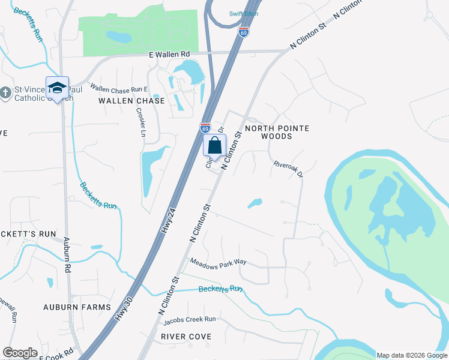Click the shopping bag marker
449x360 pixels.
(214, 145)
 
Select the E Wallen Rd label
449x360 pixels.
(169, 55)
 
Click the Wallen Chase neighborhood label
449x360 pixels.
(131, 101)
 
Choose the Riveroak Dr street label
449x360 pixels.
(289, 169)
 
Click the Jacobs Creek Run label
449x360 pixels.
(189, 319)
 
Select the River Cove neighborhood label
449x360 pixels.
(186, 337)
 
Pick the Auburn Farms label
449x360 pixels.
(77, 307)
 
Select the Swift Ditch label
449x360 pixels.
(243, 14)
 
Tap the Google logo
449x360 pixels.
(20, 352)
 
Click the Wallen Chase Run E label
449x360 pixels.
(119, 88)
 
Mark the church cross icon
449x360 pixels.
(6, 92)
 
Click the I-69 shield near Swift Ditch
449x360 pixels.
(243, 32)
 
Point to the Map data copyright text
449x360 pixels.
(411, 355)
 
